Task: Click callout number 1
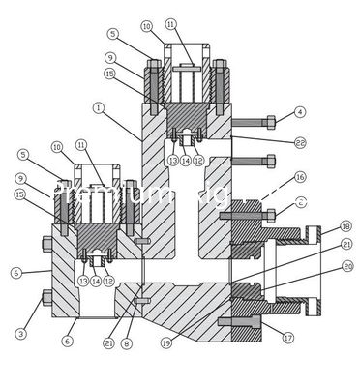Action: coord(99,107)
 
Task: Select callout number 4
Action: coord(300,113)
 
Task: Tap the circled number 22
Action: coord(299,142)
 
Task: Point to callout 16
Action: coord(300,177)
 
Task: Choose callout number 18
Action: coord(346,226)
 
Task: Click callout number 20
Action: coord(347,266)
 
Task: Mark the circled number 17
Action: coord(287,338)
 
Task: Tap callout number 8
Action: coord(126,343)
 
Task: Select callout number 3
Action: coord(20,334)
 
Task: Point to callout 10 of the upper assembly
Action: coord(146,26)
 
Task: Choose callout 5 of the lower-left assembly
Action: coord(23,154)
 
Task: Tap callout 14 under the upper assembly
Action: coord(186,161)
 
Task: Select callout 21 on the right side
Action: coord(346,245)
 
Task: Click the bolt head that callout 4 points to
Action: coord(270,121)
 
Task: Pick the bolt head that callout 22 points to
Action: coord(270,160)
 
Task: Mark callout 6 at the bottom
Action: coord(68,341)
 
